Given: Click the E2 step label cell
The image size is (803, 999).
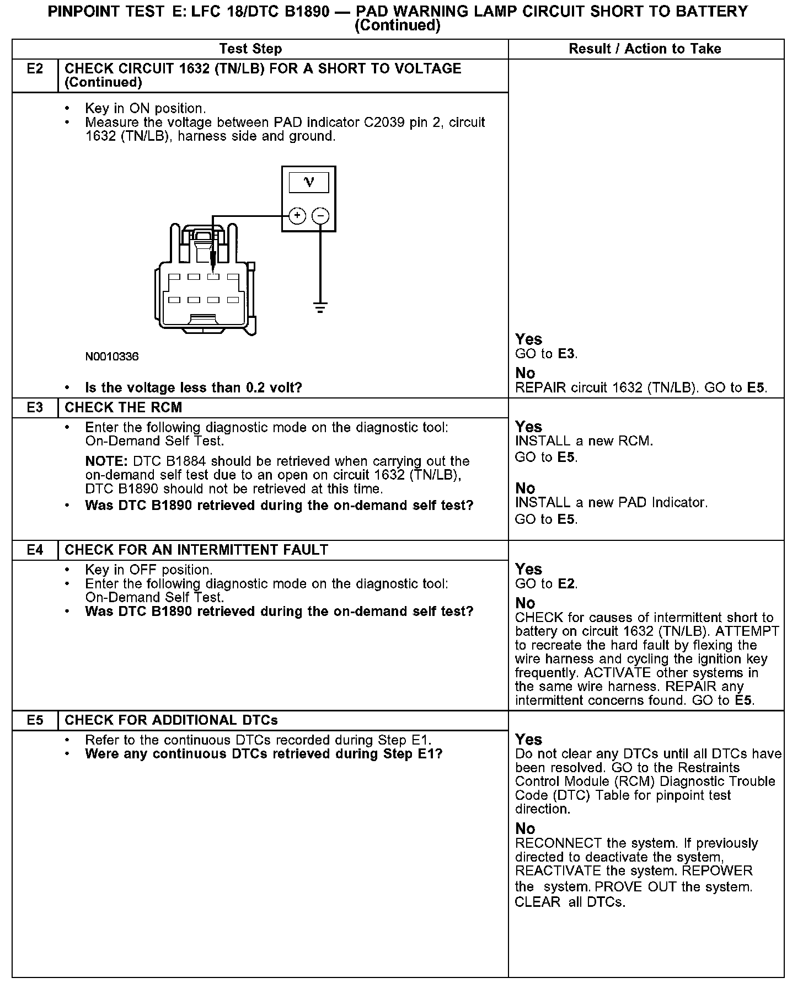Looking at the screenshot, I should (x=35, y=69).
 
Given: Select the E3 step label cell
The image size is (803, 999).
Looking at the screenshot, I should (x=35, y=408).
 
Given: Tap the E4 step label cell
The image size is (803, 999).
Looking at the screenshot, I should (x=35, y=550).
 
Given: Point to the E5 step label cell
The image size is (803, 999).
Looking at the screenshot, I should (x=35, y=720).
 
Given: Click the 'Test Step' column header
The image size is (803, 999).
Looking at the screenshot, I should (x=250, y=49).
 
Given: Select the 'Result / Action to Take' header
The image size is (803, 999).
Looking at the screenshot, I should (x=645, y=49).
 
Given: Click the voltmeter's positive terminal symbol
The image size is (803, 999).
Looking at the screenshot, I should (x=297, y=216).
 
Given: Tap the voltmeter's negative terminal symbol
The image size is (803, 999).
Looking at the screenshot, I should (x=320, y=216).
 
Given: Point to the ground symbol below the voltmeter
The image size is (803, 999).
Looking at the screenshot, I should (x=320, y=307).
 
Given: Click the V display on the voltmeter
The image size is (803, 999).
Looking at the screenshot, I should (x=309, y=182).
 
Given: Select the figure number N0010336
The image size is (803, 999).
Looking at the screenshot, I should (x=112, y=357).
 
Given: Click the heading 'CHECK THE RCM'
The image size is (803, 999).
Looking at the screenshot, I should (x=124, y=408).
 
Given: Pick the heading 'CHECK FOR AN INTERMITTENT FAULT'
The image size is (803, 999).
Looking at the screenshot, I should (x=196, y=550).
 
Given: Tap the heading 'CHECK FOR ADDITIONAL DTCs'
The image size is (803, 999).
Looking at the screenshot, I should (x=171, y=720).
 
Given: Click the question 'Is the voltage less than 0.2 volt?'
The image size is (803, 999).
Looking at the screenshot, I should (x=194, y=387).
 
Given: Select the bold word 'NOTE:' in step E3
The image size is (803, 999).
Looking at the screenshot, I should (x=106, y=461).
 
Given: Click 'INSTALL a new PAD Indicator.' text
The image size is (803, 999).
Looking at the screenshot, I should (x=611, y=503).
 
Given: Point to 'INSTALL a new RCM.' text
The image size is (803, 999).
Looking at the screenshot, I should (x=584, y=442).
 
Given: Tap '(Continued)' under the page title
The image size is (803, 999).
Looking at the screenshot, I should (x=397, y=26).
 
